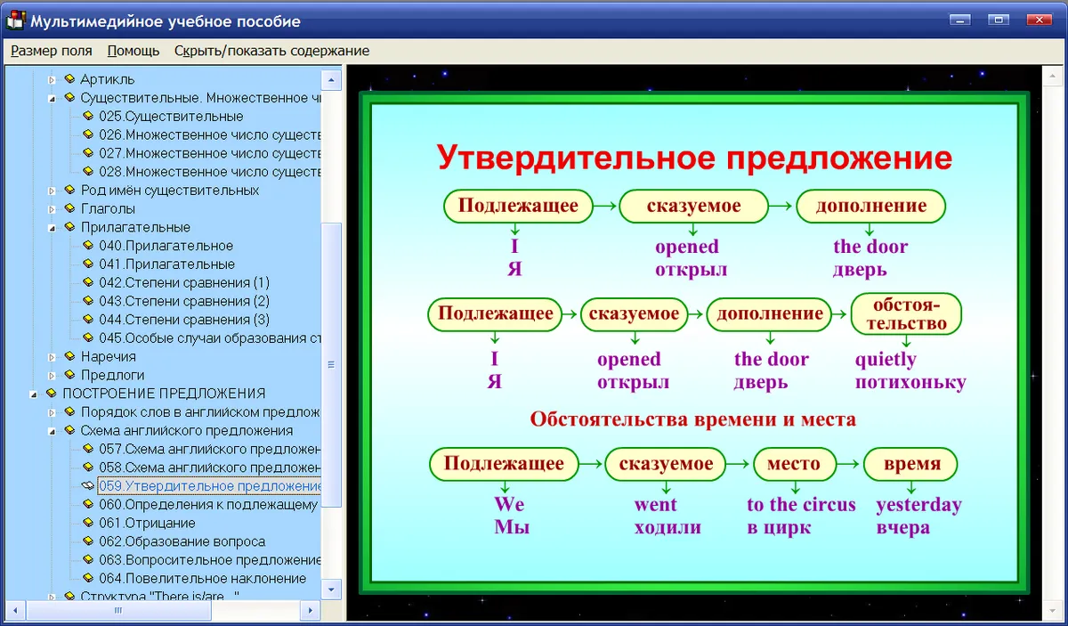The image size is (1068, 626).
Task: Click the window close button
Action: [1039, 20]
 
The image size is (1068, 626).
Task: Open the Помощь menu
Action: [133, 51]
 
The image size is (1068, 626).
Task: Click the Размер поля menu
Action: [52, 51]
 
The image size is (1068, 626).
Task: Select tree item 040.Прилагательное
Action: [166, 246]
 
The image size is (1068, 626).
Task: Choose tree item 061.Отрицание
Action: [147, 523]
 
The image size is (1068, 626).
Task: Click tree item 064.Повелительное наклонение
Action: [202, 578]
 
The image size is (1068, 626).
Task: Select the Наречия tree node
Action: [109, 356]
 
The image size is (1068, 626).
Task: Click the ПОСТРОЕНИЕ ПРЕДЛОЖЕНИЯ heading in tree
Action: [164, 394]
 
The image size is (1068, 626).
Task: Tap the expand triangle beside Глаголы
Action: [52, 209]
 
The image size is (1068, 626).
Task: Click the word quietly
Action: [886, 360]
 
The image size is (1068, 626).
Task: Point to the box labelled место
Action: [794, 464]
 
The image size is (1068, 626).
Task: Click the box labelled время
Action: [910, 464]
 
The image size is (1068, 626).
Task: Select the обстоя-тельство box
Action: [906, 314]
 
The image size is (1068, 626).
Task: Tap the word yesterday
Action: [918, 505]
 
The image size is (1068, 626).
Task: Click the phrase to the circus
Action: [801, 504]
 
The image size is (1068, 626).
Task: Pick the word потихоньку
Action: [910, 383]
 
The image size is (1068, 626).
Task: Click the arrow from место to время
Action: [850, 464]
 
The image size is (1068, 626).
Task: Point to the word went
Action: [655, 505]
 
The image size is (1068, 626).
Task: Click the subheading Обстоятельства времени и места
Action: [692, 419]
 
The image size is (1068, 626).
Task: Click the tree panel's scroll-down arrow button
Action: [331, 589]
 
